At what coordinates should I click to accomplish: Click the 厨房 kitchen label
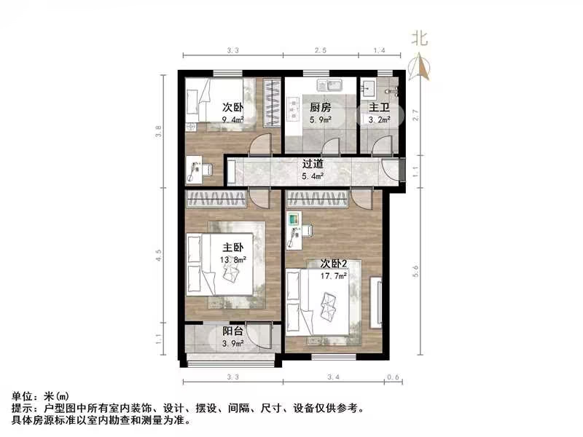[x=316, y=107]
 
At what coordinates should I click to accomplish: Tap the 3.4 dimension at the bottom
[x=334, y=377]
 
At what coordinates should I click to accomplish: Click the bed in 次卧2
[x=324, y=303]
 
